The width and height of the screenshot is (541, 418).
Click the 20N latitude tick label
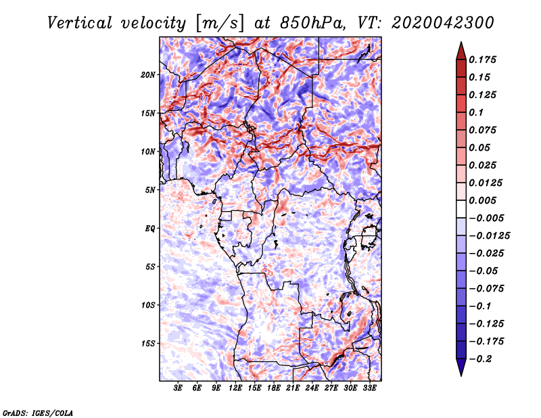[148, 74]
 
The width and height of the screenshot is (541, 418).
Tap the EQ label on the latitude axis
[150, 229]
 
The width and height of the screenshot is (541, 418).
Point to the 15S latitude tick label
[148, 344]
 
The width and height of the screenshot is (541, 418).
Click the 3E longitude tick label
[178, 389]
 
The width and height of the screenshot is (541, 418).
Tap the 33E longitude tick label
[369, 389]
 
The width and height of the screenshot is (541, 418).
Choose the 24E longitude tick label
[312, 389]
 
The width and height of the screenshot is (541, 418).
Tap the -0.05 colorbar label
[482, 271]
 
